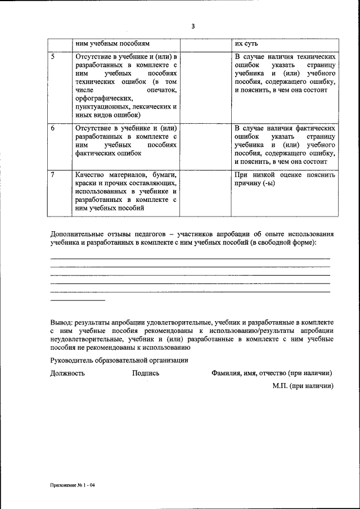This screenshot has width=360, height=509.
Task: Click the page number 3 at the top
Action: pos(193,26)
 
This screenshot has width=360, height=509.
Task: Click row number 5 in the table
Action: pos(53,57)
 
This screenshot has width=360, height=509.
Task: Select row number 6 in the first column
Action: pos(53,128)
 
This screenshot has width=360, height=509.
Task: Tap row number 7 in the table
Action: pos(53,174)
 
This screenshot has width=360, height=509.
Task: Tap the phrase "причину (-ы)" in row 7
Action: pos(255,183)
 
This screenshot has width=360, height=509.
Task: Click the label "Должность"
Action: pos(67,373)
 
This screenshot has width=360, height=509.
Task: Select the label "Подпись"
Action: pos(146,373)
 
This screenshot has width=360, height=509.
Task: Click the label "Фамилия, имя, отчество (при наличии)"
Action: pos(271,373)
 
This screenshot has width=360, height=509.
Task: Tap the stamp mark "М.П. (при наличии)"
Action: pos(303,386)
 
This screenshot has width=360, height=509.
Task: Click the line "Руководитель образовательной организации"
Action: pos(119,360)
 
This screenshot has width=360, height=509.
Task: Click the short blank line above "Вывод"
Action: pos(70,300)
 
